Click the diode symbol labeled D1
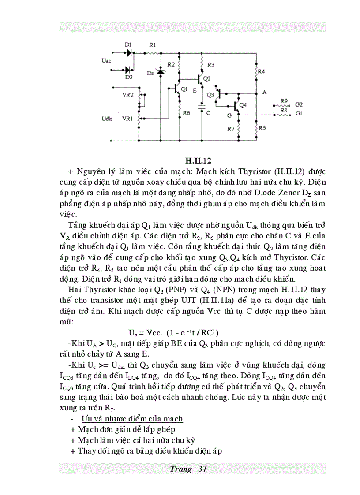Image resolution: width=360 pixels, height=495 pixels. pyautogui.click(x=129, y=53)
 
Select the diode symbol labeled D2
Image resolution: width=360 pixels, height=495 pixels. pyautogui.click(x=128, y=70)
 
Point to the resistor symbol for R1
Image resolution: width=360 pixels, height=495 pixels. pyautogui.click(x=152, y=53)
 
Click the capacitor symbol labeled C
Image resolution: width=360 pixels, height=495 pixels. pyautogui.click(x=202, y=106)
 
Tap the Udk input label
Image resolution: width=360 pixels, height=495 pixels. pyautogui.click(x=107, y=119)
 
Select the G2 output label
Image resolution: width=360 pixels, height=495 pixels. pyautogui.click(x=299, y=105)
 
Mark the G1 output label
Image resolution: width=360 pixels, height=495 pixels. pyautogui.click(x=299, y=114)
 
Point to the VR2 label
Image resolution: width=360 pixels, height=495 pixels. pyautogui.click(x=127, y=95)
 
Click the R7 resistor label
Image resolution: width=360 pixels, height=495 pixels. pyautogui.click(x=230, y=129)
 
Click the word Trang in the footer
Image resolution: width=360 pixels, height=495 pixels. pyautogui.click(x=181, y=469)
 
